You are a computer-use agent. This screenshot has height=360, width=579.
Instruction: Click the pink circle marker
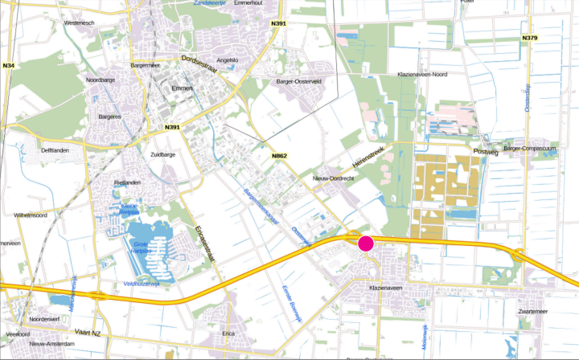coord(366,243)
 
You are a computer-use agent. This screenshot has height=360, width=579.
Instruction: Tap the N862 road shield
coord(279,155)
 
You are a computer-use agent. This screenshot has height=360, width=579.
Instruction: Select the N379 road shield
coord(529,38)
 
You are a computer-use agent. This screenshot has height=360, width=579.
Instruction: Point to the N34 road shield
coord(9,65)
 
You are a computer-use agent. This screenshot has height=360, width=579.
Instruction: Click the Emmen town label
coord(183,88)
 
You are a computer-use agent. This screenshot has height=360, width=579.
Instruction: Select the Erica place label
coord(228,333)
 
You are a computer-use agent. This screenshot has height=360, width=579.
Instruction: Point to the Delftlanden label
coord(57,150)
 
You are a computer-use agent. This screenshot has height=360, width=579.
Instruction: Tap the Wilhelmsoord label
coord(31,215)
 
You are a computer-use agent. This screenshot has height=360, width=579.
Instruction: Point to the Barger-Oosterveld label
coord(299,81)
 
